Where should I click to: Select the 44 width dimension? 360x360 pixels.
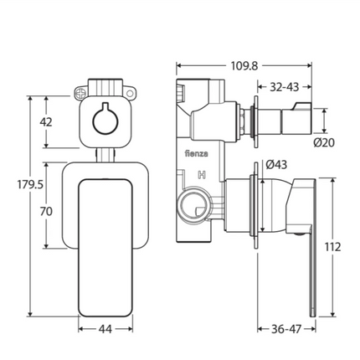coord(105,329)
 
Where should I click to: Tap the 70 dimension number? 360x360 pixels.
coord(46,211)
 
